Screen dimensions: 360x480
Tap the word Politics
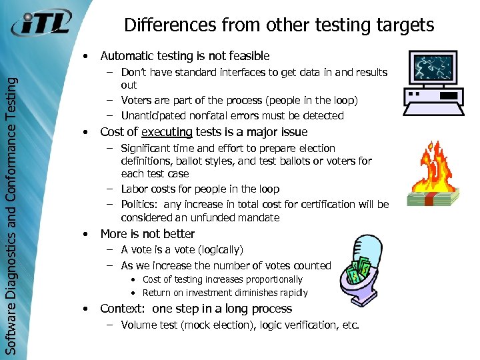point(141,205)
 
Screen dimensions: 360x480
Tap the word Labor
point(134,189)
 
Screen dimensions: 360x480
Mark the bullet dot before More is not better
point(85,235)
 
